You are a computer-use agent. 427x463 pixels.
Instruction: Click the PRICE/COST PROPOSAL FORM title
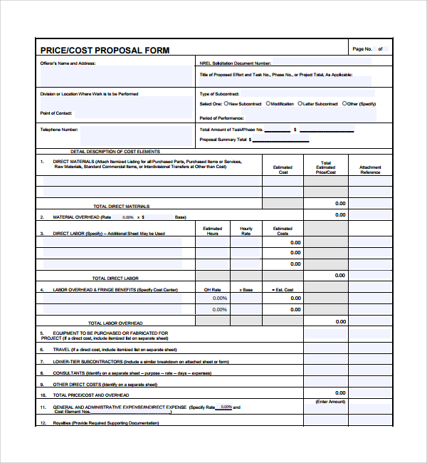coord(105,50)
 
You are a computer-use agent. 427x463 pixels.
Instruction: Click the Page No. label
coord(362,49)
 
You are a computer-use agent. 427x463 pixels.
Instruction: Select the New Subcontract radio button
coord(224,104)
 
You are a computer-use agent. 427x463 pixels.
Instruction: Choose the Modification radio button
coord(268,104)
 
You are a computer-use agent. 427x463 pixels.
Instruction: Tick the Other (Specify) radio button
coord(344,104)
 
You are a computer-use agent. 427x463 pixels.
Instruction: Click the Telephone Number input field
coord(135,134)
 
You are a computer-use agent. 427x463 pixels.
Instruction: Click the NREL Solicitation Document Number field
coord(320,63)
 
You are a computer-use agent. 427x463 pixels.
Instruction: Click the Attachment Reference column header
coord(370,170)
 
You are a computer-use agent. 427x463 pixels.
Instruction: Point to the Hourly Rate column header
coord(246,231)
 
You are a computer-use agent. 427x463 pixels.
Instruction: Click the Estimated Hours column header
coord(212,231)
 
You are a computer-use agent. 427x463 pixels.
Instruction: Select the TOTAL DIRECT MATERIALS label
coord(122,207)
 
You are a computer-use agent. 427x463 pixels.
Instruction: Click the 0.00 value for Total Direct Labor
coord(340,276)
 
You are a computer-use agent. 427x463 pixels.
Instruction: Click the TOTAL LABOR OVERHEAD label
coord(115,323)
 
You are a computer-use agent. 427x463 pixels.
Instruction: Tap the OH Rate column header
coord(212,290)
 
